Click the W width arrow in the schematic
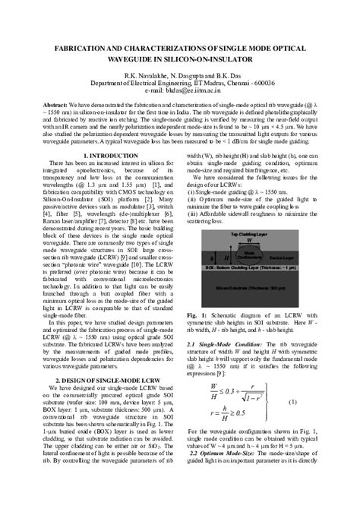point(248,242)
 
